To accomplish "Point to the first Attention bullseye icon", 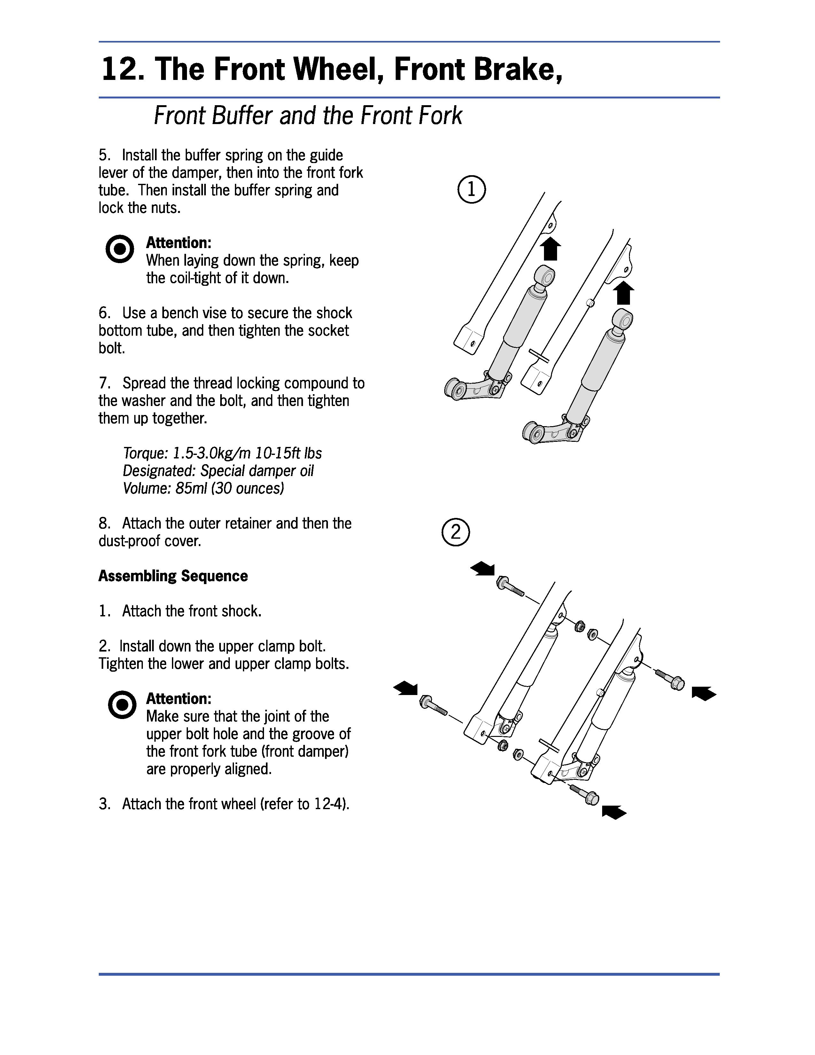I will coord(119,249).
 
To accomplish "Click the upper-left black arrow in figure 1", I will coord(550,249).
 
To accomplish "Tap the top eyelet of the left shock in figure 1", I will coord(546,275).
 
